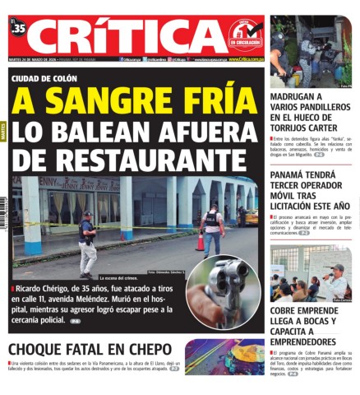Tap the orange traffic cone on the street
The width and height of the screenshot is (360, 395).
coord(199,242)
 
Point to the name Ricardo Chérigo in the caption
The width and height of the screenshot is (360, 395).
coord(46,289)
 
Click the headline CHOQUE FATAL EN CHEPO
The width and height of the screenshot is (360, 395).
coord(90,349)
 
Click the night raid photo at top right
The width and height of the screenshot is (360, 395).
coord(310,51)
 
